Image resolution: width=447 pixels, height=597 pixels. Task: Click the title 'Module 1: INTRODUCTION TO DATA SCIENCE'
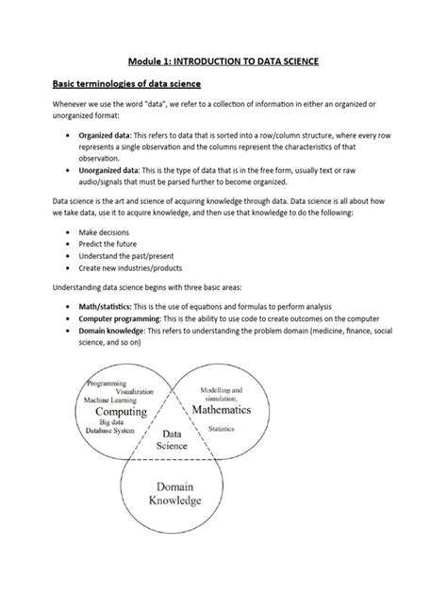pyautogui.click(x=223, y=60)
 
